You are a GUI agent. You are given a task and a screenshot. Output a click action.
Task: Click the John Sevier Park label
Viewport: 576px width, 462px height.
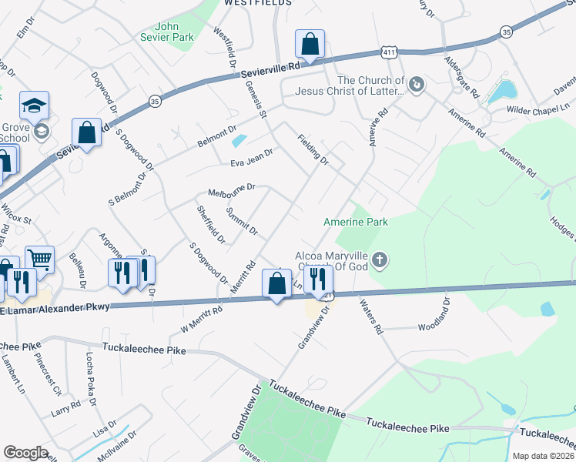(167, 30)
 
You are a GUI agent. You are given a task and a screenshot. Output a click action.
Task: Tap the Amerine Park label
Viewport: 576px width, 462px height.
(356, 222)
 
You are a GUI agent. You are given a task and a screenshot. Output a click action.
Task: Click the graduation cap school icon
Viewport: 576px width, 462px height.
(34, 106)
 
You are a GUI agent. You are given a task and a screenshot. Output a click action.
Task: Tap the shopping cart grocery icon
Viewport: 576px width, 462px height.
(40, 259)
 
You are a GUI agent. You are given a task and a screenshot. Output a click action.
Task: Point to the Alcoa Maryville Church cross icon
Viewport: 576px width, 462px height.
(379, 260)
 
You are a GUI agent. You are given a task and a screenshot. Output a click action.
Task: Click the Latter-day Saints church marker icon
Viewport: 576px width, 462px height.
(417, 84)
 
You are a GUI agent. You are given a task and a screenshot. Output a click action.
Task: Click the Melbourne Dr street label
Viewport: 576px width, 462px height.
(231, 189)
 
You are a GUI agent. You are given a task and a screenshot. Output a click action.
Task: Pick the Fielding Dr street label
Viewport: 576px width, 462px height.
(313, 150)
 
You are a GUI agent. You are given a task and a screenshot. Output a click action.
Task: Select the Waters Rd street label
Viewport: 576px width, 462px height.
(371, 316)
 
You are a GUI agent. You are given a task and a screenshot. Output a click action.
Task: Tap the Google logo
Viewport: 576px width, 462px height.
(25, 452)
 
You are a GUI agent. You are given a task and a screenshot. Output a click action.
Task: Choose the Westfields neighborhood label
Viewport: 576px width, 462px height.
(258, 3)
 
